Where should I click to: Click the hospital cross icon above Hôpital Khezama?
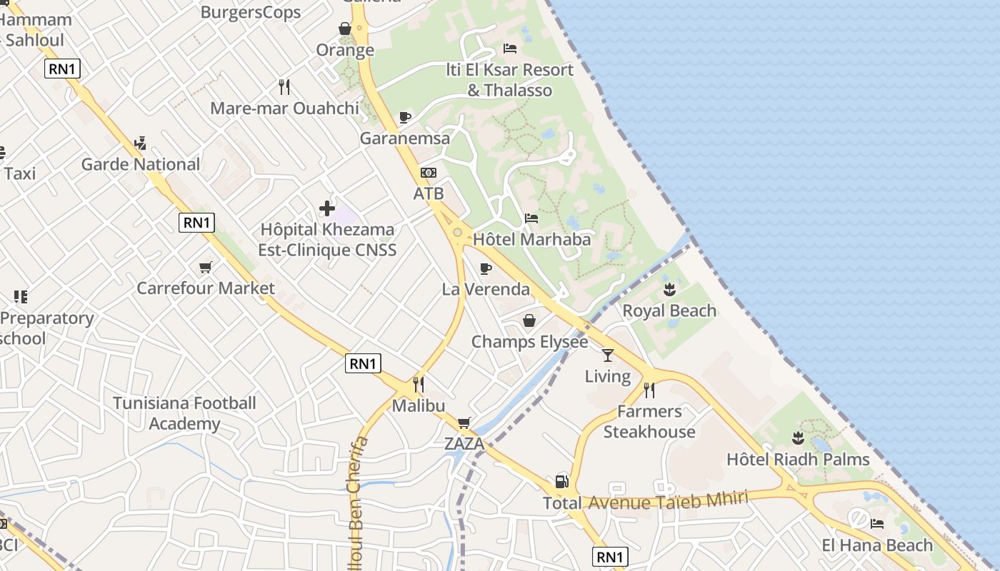click(327, 208)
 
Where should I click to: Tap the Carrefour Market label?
click(206, 288)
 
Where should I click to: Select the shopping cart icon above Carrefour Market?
click(206, 267)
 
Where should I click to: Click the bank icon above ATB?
click(429, 173)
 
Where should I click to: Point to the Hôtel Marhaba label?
click(532, 239)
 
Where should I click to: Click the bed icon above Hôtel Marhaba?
click(531, 218)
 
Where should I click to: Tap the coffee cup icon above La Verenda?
click(486, 268)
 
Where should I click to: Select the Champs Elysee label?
click(529, 342)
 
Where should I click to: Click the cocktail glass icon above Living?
click(608, 355)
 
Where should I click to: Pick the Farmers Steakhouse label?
click(649, 422)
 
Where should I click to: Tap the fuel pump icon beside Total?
click(562, 482)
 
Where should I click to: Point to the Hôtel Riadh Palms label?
click(798, 459)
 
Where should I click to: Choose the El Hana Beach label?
click(877, 545)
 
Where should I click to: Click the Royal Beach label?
click(669, 310)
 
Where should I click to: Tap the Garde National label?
click(141, 164)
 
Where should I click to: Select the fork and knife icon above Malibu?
click(419, 385)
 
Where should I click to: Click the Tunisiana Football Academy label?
click(184, 413)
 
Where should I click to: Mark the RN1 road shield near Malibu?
click(363, 363)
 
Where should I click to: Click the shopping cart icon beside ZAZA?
click(464, 423)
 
